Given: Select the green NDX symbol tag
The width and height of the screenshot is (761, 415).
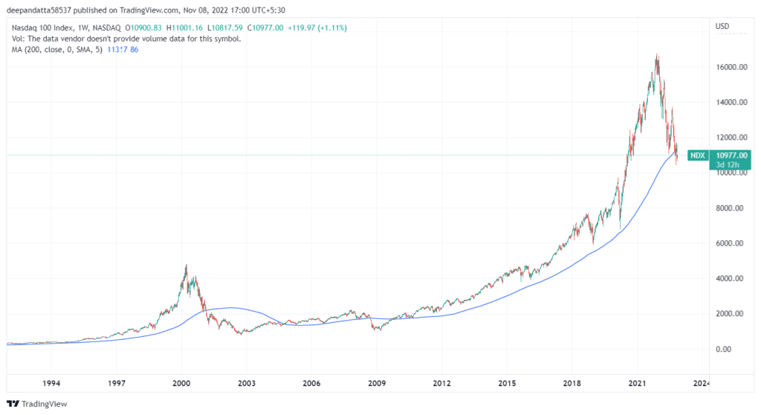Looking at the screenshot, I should coord(697,155).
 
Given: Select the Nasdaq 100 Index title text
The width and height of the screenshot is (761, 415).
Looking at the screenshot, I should coord(45,28).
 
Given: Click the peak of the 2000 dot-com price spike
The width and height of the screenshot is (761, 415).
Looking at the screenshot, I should coord(186,266).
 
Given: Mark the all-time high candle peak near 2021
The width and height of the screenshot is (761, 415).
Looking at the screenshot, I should coord(657,54).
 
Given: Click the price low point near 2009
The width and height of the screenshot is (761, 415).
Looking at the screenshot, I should coord(378,330).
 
